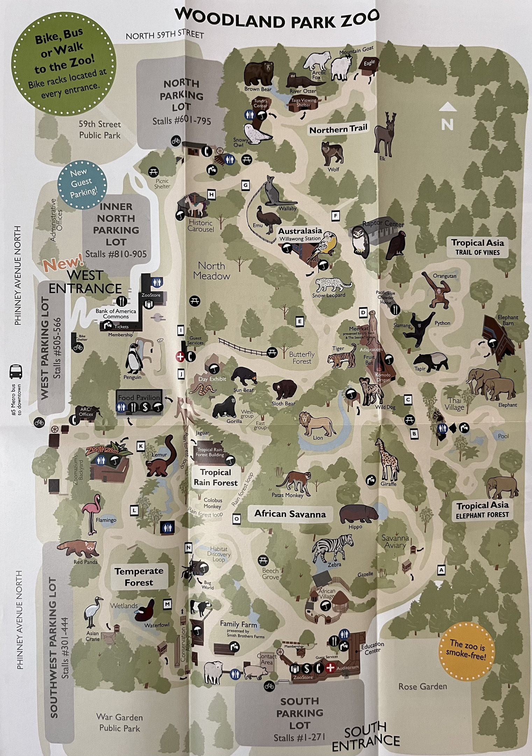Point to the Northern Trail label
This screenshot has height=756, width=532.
click(338, 129)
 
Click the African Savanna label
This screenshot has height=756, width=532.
click(290, 514)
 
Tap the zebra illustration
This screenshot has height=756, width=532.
click(332, 547)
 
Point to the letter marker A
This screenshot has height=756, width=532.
click(441, 570)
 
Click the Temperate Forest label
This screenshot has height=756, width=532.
click(139, 577)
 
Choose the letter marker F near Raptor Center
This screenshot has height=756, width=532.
click(335, 216)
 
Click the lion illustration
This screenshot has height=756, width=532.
click(316, 423)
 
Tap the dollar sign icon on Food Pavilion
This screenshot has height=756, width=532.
click(145, 407)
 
